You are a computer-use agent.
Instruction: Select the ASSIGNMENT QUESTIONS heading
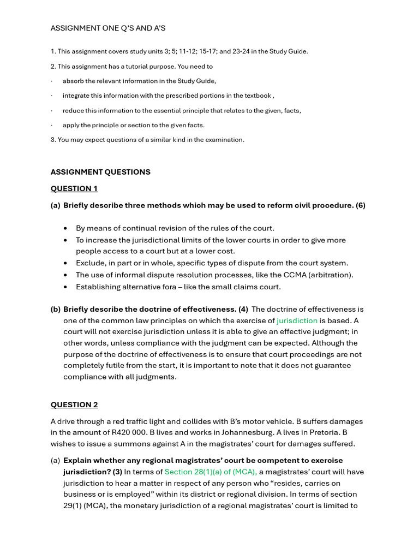(100, 172)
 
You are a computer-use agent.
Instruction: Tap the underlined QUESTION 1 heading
(74, 189)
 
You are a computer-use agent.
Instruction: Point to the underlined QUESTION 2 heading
(74, 405)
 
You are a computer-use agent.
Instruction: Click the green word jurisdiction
(297, 321)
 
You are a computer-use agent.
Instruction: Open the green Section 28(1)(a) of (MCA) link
(211, 472)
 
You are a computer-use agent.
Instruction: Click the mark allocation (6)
(360, 206)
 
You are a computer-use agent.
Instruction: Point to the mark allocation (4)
(243, 310)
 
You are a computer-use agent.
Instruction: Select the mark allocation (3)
(117, 472)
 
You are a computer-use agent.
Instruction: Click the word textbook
(258, 96)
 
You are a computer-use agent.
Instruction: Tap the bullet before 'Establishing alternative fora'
(65, 287)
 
